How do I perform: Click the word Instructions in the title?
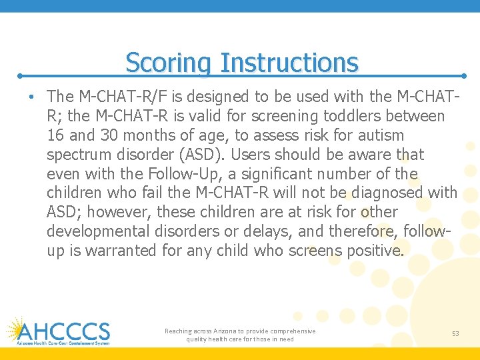click(x=289, y=63)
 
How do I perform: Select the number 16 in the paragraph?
click(x=56, y=135)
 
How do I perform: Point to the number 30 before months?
click(x=109, y=135)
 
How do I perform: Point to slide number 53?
click(x=455, y=333)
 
